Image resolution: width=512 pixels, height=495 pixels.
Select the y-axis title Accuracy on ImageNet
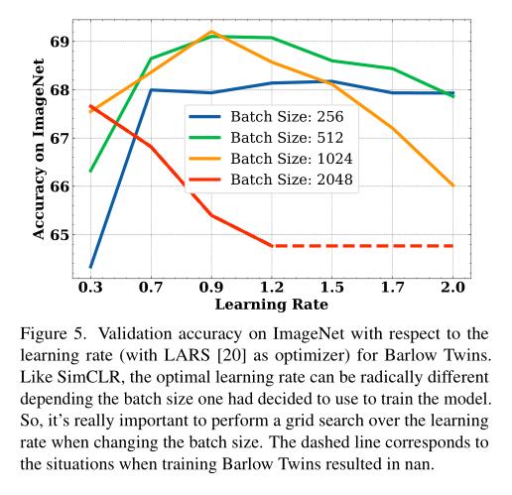tap(39, 145)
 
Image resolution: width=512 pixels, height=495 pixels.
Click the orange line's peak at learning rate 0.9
tap(211, 32)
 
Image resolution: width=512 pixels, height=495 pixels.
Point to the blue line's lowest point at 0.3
tap(90, 267)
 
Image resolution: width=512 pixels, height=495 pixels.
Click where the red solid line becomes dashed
tap(272, 245)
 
